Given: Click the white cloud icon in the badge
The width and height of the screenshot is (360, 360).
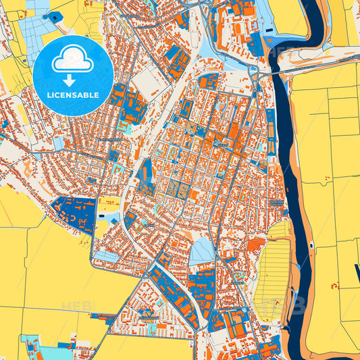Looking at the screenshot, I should click(73, 59).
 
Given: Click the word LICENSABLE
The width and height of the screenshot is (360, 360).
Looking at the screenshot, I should click(73, 95).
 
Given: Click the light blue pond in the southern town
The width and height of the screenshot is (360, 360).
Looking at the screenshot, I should click(201, 252).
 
